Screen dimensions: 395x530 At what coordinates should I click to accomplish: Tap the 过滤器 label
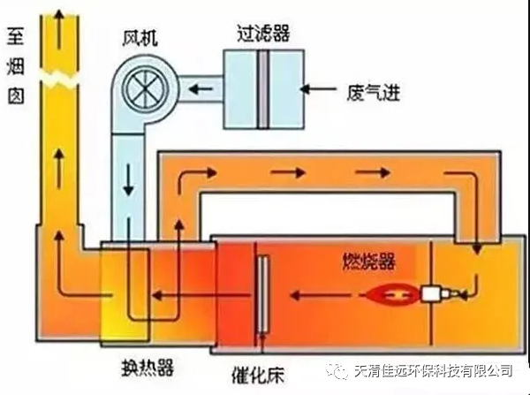[x=263, y=34]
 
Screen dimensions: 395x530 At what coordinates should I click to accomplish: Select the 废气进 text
[x=375, y=90]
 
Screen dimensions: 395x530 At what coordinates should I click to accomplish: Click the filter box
[x=263, y=87]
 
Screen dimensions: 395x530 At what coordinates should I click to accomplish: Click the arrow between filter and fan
[x=201, y=89]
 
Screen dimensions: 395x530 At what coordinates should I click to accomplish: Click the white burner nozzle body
[x=436, y=293]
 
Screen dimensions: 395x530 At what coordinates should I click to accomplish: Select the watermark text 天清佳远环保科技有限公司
[x=432, y=369]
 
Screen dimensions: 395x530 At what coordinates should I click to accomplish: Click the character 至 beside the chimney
[x=15, y=37]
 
